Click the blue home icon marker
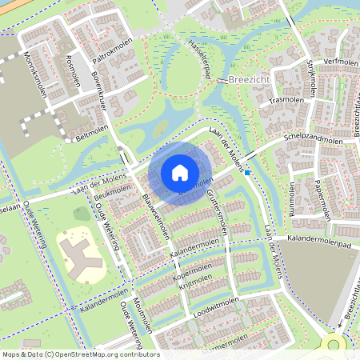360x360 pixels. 180,173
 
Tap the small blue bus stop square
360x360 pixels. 248,172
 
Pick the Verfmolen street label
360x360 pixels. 338,62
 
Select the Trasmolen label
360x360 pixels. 283,101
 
